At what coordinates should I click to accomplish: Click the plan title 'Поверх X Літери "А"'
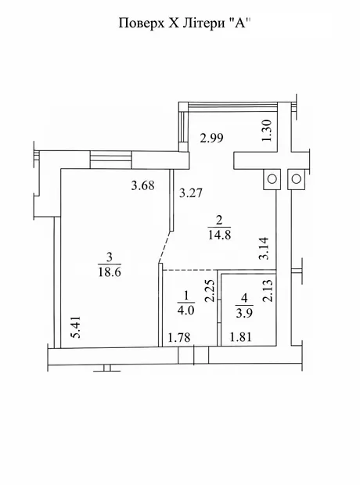point(184,23)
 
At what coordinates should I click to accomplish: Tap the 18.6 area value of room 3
point(110,272)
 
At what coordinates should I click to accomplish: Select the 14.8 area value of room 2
point(219,235)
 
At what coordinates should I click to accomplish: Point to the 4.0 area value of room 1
point(185,310)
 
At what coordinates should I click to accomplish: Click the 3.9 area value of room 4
point(244,312)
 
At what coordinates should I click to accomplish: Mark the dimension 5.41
point(76,327)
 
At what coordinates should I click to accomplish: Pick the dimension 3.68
point(142,186)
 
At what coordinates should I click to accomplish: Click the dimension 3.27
point(191,193)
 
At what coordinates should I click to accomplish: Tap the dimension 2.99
point(212,138)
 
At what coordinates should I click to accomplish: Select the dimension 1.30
point(267,131)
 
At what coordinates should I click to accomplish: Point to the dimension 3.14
point(264,249)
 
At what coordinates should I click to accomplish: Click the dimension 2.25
point(210,291)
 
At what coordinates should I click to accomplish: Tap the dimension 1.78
point(179,337)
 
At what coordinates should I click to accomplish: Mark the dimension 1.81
point(241,337)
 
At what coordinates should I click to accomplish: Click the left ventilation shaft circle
point(272,179)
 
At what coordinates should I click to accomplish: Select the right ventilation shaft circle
point(297,179)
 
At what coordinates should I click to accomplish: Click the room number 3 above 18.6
point(110,257)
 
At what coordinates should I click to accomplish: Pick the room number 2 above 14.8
point(219,221)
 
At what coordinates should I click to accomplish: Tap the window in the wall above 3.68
point(111,160)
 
